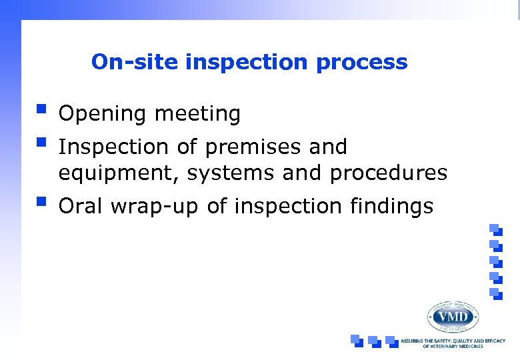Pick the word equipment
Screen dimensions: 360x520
click(118, 174)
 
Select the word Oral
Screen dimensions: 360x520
click(81, 207)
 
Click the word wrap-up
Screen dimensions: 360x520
click(155, 207)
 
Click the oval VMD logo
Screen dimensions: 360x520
click(453, 316)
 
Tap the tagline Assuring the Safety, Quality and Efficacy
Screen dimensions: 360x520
click(453, 343)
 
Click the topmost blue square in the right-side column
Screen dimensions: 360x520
click(495, 229)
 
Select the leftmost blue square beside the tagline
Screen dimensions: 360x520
click(357, 340)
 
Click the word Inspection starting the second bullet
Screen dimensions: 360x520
click(114, 147)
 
